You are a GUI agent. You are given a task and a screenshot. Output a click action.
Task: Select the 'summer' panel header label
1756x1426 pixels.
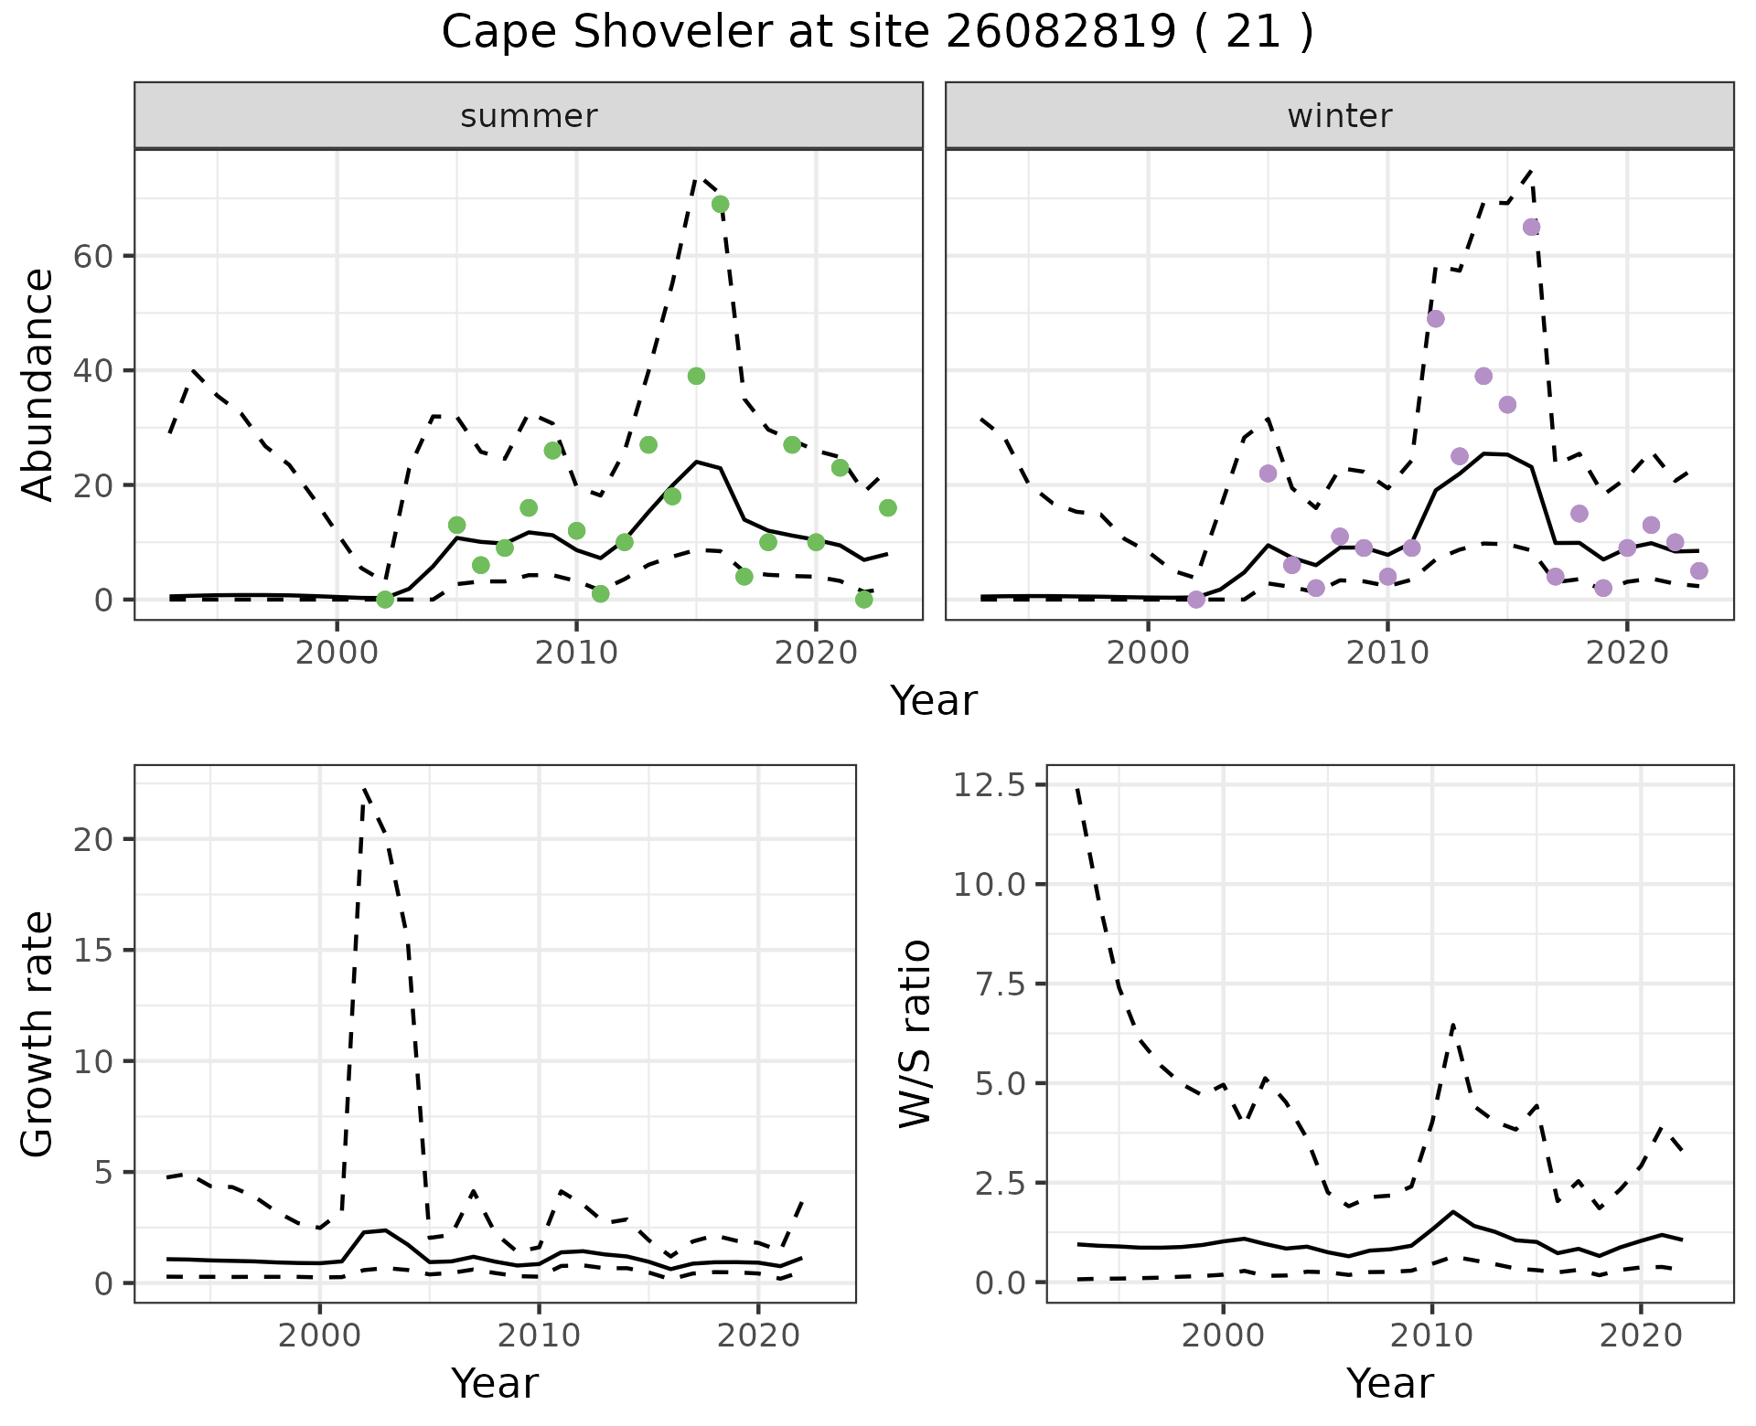coord(529,116)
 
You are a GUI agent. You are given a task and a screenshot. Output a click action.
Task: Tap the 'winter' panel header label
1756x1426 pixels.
coord(1339,116)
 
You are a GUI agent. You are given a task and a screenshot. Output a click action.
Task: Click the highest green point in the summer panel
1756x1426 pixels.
coord(720,204)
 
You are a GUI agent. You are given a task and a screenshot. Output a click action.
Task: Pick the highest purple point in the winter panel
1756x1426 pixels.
coord(1531,227)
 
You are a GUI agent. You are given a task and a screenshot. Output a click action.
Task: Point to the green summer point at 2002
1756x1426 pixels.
coord(385,600)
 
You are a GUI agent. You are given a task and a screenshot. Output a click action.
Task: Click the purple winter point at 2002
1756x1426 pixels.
coord(1195,600)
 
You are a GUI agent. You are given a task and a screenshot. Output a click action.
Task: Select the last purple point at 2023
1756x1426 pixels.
coord(1698,571)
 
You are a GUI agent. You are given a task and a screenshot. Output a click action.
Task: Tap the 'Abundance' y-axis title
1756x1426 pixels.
coord(37,384)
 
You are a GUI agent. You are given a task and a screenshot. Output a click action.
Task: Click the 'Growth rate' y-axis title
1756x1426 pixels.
coord(37,1033)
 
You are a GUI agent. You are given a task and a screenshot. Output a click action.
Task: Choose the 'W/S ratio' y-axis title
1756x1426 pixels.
coord(915,1033)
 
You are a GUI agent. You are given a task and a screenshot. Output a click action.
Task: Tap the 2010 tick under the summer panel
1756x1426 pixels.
coord(576,654)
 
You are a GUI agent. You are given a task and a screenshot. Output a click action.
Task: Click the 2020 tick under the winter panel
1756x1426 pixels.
coord(1626,654)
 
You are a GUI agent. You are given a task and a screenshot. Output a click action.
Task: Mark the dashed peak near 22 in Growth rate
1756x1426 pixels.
coord(364,788)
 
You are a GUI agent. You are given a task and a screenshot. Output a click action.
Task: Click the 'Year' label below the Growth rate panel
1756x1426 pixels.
coord(495,1383)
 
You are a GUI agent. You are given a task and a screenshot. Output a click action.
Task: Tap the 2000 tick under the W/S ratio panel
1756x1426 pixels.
coord(1223,1336)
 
